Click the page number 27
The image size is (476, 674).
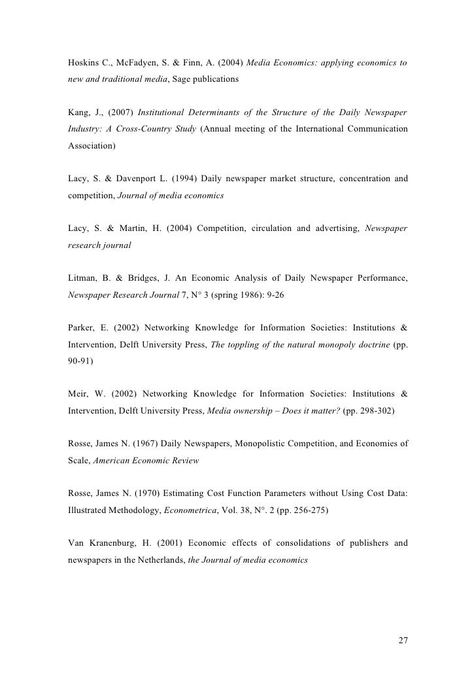point(403,639)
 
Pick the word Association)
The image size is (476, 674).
point(92,145)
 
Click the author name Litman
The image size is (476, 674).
point(83,278)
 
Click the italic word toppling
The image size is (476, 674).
point(245,344)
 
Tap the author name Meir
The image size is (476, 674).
point(79,394)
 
